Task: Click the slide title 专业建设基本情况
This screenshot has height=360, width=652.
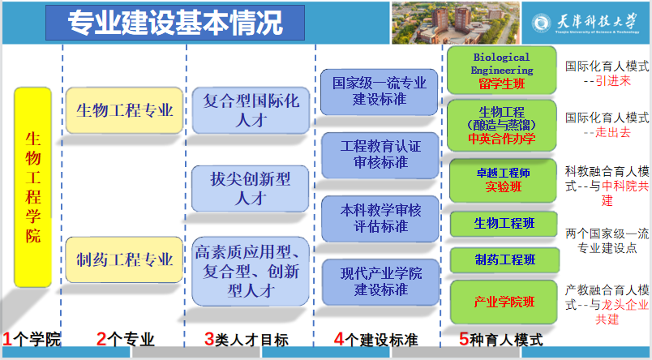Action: point(175,22)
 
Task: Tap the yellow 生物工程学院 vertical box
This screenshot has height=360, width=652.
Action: point(33,187)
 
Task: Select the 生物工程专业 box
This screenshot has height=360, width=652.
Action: point(124,110)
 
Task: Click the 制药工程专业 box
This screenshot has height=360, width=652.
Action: point(124,259)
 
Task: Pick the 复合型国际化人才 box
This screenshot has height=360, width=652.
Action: point(251,110)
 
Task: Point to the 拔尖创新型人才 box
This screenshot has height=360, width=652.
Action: point(250,188)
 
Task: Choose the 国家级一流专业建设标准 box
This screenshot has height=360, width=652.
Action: point(380,92)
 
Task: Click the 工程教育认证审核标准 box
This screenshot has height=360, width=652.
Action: point(380,155)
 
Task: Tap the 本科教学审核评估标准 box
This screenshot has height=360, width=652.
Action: point(380,219)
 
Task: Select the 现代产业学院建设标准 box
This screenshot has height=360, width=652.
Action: point(380,282)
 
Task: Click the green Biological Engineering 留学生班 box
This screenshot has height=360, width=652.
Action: point(501,71)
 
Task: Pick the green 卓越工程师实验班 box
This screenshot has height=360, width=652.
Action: point(503,181)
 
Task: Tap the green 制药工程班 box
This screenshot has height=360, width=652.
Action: point(504,260)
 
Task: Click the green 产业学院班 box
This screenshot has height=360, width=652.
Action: point(504,302)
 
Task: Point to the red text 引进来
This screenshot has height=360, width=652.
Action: point(613,80)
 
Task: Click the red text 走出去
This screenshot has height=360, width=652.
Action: point(613,132)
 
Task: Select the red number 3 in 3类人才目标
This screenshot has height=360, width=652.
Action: point(209,339)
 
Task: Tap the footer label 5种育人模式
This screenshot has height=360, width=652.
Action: point(501,339)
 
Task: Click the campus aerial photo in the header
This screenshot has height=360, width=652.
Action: point(455,23)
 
